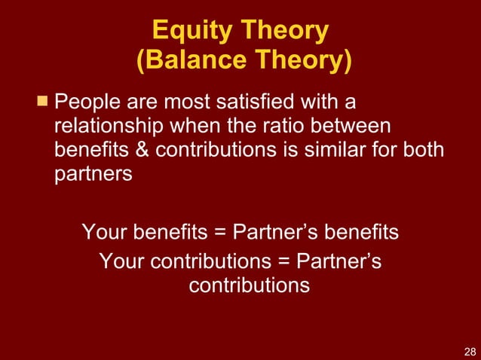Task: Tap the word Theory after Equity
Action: (x=285, y=31)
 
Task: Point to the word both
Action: (x=423, y=149)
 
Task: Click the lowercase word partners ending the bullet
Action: (x=93, y=173)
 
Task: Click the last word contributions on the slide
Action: (x=249, y=286)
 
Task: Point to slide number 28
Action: (x=469, y=351)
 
